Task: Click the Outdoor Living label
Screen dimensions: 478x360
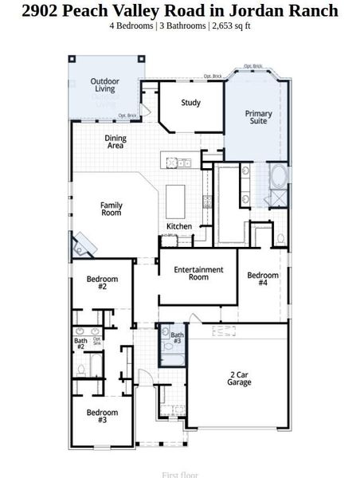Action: pyautogui.click(x=105, y=85)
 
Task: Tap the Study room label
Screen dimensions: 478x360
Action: pyautogui.click(x=190, y=103)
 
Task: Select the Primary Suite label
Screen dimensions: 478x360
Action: pyautogui.click(x=258, y=119)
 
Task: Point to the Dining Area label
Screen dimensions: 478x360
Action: pyautogui.click(x=115, y=143)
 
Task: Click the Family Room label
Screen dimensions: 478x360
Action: pyautogui.click(x=112, y=210)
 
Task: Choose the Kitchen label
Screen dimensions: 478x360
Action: pyautogui.click(x=179, y=227)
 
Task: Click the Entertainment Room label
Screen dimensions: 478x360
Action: pyautogui.click(x=198, y=273)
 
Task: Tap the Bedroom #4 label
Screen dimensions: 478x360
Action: pyautogui.click(x=263, y=280)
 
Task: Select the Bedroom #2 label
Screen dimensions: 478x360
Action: pyautogui.click(x=102, y=283)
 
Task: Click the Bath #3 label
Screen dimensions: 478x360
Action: pyautogui.click(x=177, y=338)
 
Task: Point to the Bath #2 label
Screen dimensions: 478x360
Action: pyautogui.click(x=80, y=344)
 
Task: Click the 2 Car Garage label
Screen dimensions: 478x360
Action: pyautogui.click(x=240, y=378)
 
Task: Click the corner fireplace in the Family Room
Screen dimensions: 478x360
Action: pyautogui.click(x=83, y=248)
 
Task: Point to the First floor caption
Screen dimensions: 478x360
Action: pyautogui.click(x=180, y=474)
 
